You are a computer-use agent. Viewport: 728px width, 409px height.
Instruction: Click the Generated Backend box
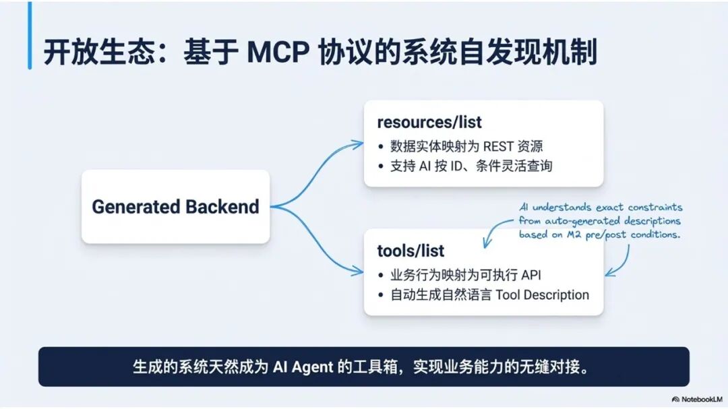point(175,207)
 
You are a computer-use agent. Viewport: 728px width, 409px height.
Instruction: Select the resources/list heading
point(429,123)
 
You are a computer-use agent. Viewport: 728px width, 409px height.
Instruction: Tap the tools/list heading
point(411,251)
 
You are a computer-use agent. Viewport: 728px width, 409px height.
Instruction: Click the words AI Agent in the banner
point(303,367)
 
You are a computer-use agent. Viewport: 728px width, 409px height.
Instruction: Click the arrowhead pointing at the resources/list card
point(358,143)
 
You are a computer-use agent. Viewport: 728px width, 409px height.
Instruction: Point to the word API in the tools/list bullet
point(530,275)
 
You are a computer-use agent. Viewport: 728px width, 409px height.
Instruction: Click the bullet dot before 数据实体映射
point(381,147)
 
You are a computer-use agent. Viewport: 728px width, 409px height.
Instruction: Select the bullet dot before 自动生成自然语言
point(381,295)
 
